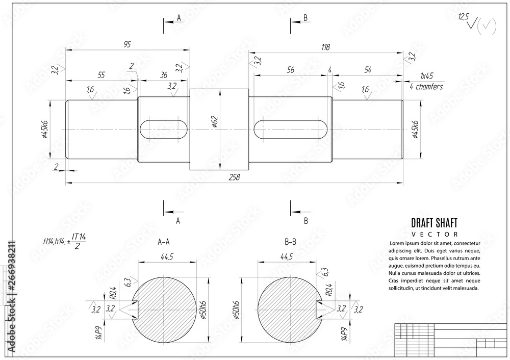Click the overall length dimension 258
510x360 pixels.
235,177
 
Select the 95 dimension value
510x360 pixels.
127,45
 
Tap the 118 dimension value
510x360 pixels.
325,47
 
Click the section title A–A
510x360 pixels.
164,243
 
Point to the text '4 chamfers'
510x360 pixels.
426,87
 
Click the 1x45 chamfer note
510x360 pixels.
426,75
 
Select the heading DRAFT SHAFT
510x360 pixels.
434,222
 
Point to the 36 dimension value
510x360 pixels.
164,74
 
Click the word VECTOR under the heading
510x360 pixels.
434,234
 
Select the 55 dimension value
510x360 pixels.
101,74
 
